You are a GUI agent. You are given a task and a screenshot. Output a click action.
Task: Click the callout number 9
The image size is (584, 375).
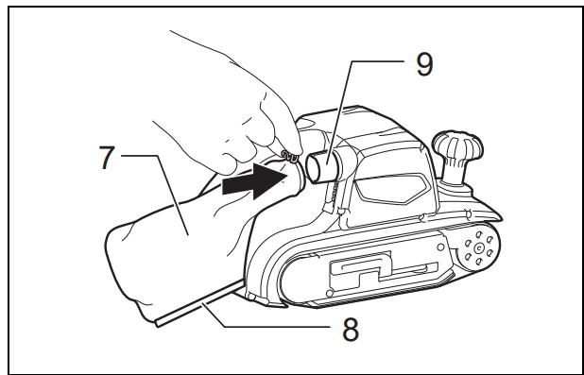424,64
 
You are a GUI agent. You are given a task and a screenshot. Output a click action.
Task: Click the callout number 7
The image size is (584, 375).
107,158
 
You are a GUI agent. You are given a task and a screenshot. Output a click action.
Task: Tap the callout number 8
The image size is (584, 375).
351,330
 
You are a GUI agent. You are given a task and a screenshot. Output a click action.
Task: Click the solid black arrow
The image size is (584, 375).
255,181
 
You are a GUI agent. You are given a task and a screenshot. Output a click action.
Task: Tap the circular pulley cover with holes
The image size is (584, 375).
478,247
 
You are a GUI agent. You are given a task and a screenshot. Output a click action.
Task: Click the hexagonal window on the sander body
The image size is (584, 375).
390,188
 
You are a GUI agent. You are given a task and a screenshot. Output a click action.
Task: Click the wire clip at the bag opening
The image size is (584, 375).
290,157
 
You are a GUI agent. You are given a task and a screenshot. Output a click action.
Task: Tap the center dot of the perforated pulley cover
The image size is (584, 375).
479,247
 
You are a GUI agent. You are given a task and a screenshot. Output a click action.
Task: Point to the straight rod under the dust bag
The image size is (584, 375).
200,304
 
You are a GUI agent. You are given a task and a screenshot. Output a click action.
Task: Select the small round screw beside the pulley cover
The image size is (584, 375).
440,247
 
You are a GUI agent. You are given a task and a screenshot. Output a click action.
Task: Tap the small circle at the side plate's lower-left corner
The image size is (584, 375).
329,294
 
